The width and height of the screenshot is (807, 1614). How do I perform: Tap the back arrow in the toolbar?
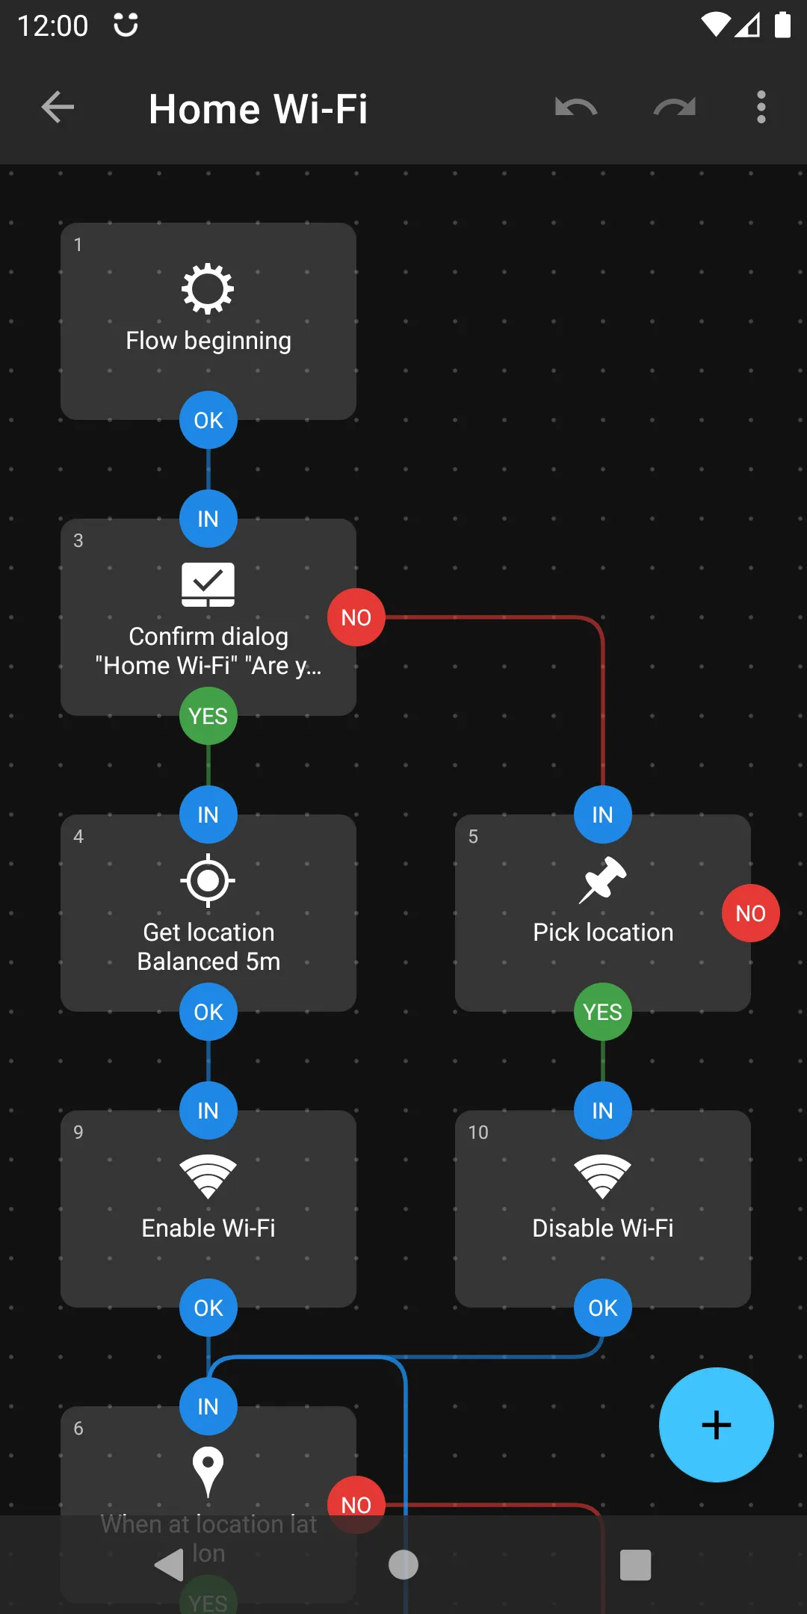tap(58, 108)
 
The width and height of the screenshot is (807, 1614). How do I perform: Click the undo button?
tap(576, 108)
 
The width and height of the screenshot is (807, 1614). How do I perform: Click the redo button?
tap(674, 108)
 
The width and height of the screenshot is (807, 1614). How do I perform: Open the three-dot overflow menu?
tap(761, 108)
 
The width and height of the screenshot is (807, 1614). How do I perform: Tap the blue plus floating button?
tap(716, 1424)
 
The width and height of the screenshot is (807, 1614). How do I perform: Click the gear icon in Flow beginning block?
tap(208, 288)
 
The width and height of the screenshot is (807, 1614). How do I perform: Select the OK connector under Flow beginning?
tap(208, 420)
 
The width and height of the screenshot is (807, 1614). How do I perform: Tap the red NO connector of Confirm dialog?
tap(356, 617)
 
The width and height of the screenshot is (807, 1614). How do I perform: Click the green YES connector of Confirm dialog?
tap(208, 716)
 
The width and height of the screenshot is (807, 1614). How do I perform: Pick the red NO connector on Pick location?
tap(750, 913)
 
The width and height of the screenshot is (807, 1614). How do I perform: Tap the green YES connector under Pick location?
tap(602, 1012)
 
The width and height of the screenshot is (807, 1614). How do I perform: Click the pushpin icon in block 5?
tap(602, 879)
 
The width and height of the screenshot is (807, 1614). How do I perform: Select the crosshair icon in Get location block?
tap(208, 880)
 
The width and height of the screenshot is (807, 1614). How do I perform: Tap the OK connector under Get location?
tap(208, 1012)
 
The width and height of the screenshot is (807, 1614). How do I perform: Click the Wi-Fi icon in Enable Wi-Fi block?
tap(208, 1176)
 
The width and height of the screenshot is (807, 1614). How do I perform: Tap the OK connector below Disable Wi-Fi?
tap(602, 1308)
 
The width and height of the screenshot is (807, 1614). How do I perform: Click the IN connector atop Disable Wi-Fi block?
tap(602, 1110)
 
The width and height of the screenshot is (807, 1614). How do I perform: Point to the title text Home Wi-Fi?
tap(258, 109)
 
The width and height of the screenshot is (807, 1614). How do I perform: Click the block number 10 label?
tap(478, 1132)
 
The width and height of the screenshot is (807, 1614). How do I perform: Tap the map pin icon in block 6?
tap(208, 1471)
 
